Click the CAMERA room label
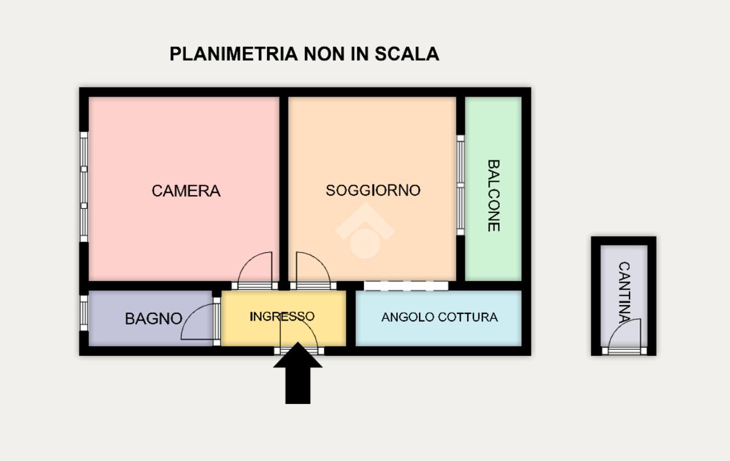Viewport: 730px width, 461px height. click(x=186, y=191)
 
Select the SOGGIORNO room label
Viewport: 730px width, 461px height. click(x=373, y=190)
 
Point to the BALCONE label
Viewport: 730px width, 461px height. click(x=493, y=195)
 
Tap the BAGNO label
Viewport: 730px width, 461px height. click(x=153, y=318)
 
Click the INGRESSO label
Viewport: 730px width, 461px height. click(x=282, y=316)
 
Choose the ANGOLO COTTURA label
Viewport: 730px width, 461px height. click(x=439, y=317)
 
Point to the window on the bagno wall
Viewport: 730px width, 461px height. click(x=84, y=313)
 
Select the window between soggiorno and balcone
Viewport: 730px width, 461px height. click(x=461, y=185)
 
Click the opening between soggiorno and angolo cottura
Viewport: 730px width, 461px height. click(x=406, y=285)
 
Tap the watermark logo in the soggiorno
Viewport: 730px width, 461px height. click(x=365, y=231)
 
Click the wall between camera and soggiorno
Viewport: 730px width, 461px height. click(x=283, y=182)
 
